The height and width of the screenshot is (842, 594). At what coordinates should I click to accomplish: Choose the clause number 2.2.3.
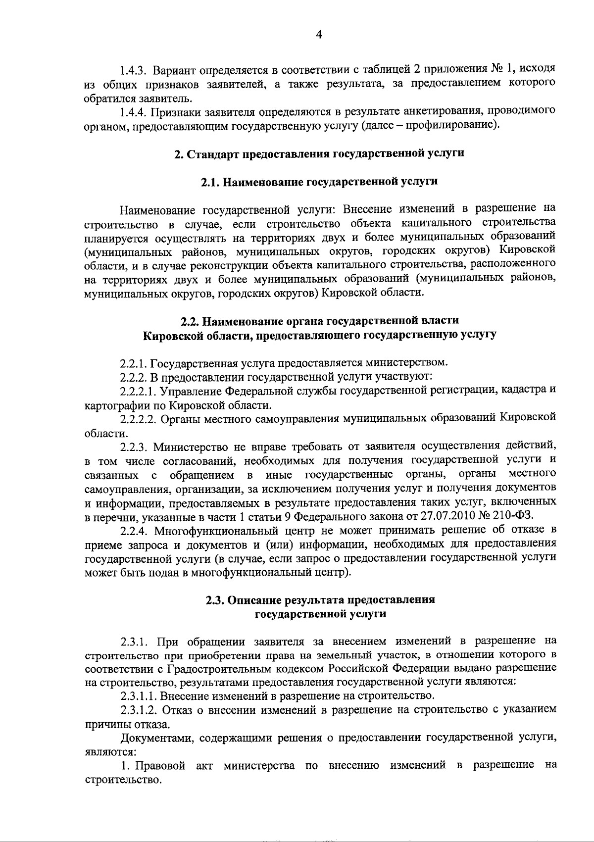(134, 447)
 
